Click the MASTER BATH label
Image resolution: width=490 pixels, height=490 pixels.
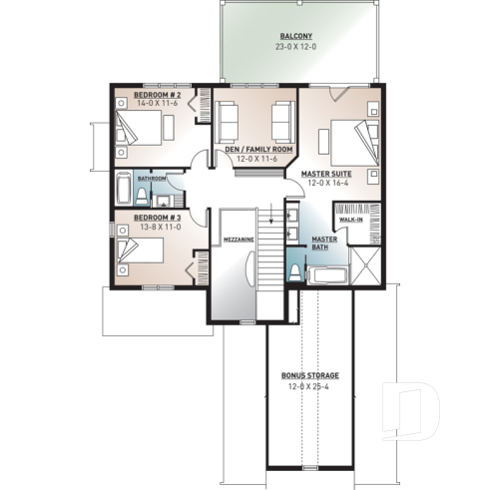323,245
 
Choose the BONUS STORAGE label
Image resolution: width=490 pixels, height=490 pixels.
309,375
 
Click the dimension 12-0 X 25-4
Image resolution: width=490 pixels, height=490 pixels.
309,386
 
